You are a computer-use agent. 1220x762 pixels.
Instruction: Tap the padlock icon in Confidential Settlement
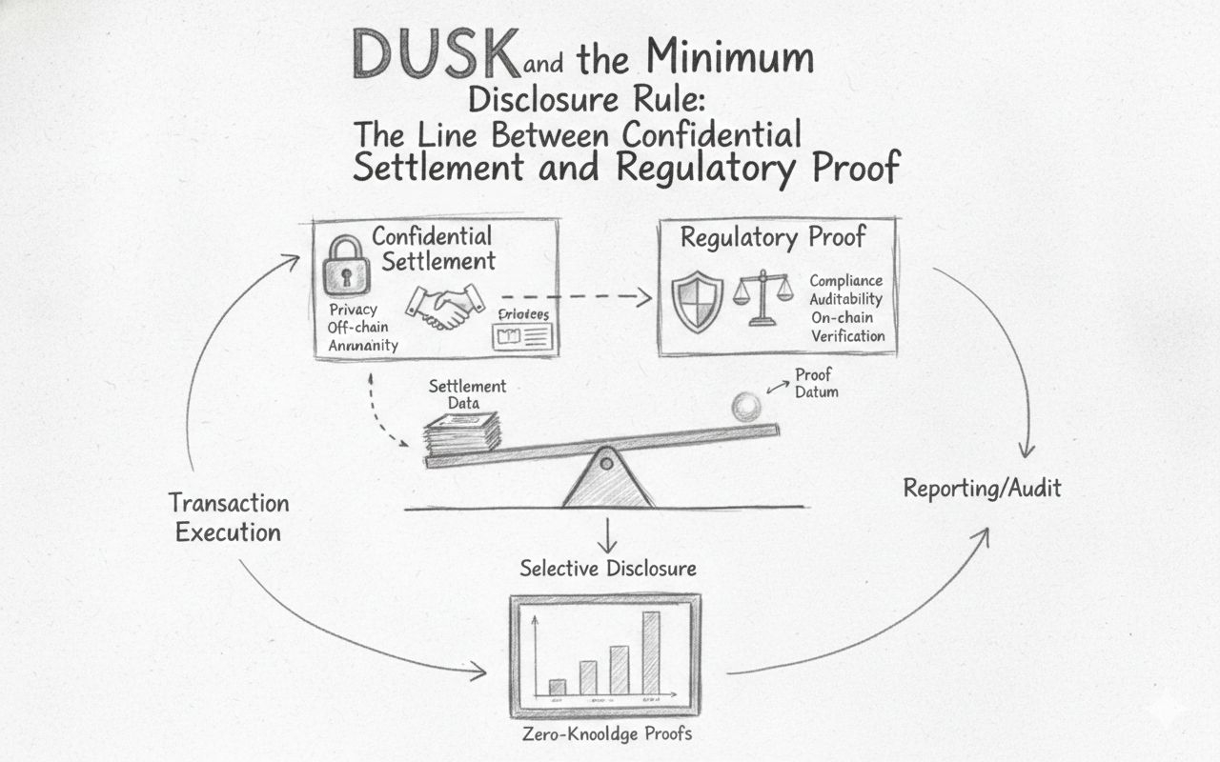[x=346, y=266]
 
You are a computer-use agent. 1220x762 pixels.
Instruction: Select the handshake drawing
[x=445, y=305]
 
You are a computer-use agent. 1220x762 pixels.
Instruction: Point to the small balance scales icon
[x=762, y=296]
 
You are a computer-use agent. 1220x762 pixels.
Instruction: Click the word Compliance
[x=845, y=281]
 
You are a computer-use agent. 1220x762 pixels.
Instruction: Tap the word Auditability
[x=846, y=299]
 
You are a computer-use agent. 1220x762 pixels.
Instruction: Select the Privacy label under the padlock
[x=353, y=310]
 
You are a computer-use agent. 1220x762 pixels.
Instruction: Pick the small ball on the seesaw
[x=745, y=407]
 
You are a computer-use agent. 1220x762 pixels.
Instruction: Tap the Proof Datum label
[x=816, y=382]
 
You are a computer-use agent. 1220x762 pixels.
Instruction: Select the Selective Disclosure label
[x=608, y=569]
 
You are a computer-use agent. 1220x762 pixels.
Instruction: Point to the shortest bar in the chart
[x=558, y=686]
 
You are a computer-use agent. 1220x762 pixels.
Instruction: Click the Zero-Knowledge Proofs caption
[x=607, y=734]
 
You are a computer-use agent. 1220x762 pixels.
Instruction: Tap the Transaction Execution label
[x=229, y=517]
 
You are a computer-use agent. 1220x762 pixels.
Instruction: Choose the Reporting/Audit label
[x=982, y=490]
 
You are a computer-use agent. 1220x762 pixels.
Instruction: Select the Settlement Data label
[x=467, y=394]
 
